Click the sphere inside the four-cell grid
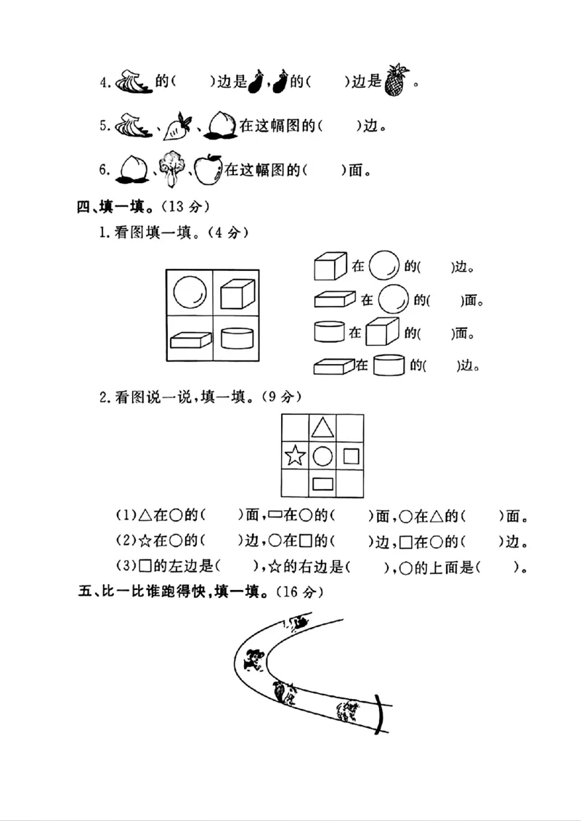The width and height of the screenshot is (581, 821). pos(190,293)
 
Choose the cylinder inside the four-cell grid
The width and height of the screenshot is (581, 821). pos(236,339)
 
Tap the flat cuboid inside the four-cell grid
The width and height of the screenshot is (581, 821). pos(190,339)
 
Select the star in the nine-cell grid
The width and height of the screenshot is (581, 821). pos(294,456)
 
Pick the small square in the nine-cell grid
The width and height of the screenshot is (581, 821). pos(351,456)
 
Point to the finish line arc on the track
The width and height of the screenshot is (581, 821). pos(381,714)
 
